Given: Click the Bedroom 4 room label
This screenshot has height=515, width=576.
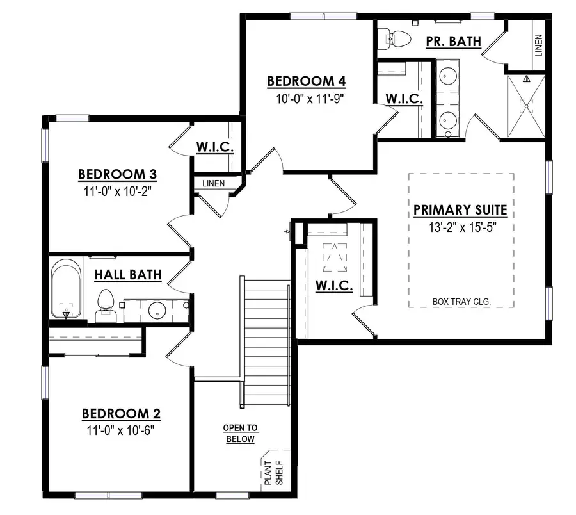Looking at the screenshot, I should tap(307, 81).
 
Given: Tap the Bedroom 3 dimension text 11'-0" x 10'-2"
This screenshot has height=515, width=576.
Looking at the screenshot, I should tap(118, 190).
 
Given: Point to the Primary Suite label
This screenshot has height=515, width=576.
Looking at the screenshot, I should tap(460, 209).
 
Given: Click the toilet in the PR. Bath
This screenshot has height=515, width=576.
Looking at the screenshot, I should tap(398, 39).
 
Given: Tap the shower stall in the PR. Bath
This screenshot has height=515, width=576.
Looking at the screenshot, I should tap(527, 106).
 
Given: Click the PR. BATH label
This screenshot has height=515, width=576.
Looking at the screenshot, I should tap(453, 42).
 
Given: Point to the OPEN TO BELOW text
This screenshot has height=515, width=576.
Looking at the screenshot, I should tap(240, 434).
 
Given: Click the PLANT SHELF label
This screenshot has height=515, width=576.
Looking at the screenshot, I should tap(273, 471).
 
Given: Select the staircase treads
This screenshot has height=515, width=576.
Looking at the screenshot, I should tap(268, 339).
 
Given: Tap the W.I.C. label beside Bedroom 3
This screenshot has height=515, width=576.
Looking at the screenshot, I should tap(214, 148).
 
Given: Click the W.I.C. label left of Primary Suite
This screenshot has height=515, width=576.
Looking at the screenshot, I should tap(335, 286).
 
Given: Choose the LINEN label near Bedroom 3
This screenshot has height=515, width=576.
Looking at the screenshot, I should tap(213, 184).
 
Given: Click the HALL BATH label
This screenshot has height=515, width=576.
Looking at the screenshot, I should tap(127, 275).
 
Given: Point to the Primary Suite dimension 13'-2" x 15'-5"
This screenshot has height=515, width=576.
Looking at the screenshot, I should tap(460, 227).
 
